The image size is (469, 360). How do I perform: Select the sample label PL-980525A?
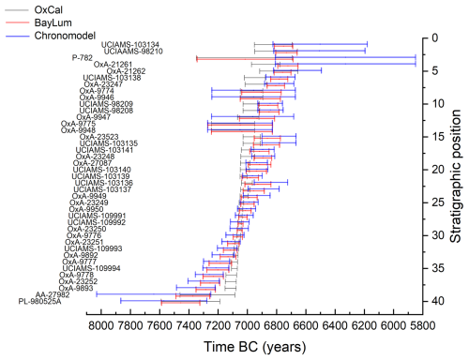click(x=44, y=301)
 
